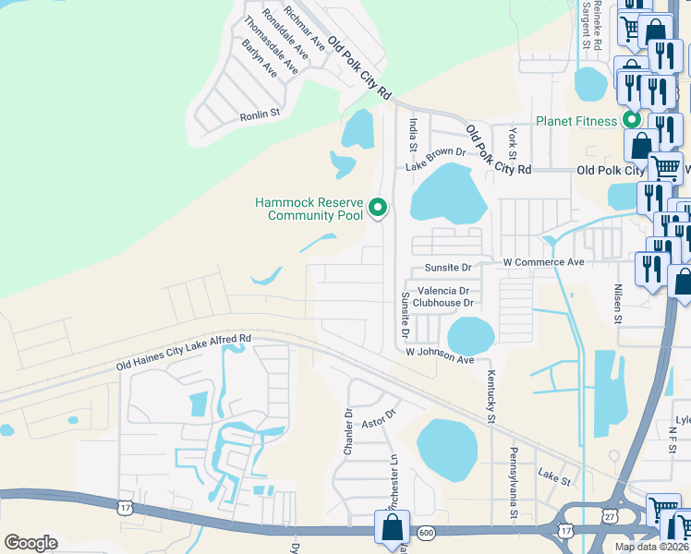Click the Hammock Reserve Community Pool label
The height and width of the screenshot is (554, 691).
312,210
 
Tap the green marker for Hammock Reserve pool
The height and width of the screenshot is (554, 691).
377,209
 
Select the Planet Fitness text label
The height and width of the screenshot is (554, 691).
576,121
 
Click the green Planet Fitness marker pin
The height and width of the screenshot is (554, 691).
632,119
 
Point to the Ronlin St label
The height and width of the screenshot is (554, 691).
260,114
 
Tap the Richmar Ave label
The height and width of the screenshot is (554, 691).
304,27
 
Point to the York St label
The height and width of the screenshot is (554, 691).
513,142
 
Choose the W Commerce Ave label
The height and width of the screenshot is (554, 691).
544,262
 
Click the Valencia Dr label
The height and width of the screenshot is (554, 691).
442,291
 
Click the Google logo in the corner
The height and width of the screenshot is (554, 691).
30,543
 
